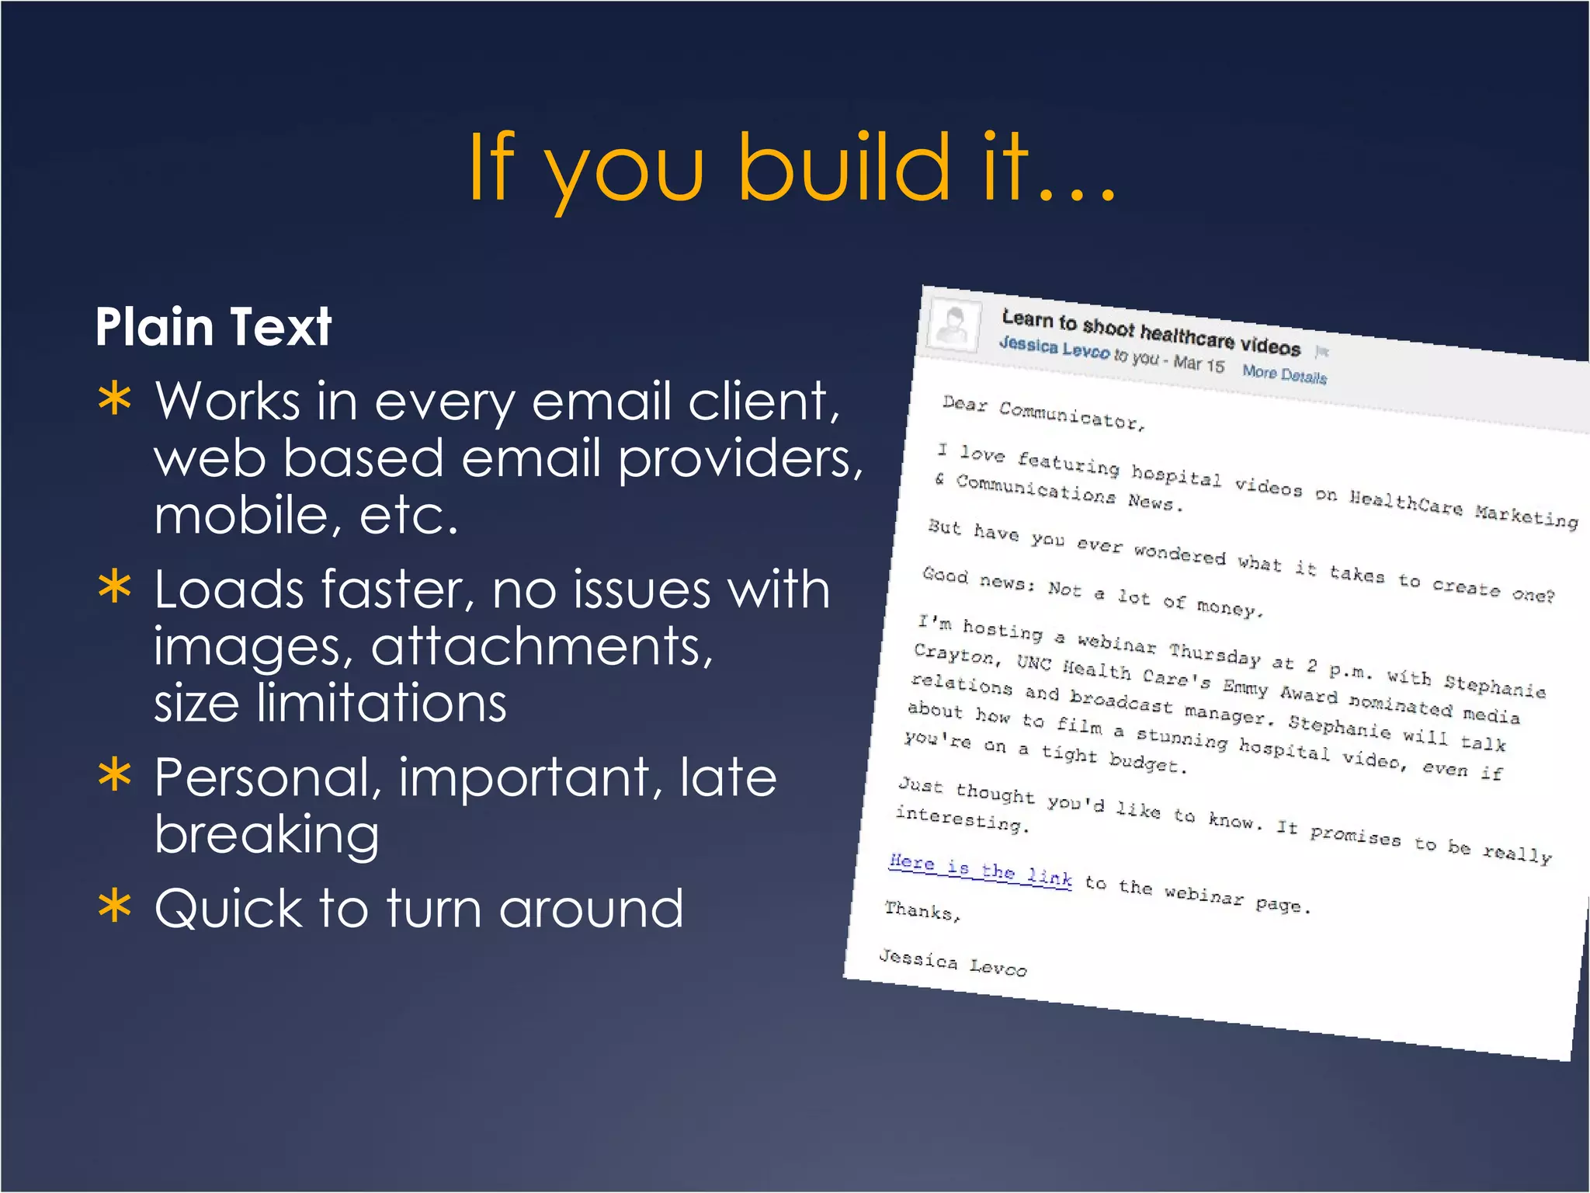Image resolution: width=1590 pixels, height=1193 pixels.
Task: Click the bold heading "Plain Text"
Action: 214,326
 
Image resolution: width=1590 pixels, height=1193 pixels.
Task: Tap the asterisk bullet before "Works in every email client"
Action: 115,400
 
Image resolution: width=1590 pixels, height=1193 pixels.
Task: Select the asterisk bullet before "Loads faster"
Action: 115,587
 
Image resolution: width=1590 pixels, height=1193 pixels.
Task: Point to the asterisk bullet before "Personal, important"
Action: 115,775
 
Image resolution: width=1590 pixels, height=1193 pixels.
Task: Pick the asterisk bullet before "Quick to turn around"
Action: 115,906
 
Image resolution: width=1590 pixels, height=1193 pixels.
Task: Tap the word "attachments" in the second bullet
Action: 541,646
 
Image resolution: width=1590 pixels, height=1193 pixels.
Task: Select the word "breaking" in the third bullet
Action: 266,835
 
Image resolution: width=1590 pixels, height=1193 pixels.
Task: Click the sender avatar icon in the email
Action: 954,324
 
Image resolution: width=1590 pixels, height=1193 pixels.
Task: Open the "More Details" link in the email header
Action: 1284,374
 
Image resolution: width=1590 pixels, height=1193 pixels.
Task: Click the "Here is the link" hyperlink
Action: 981,870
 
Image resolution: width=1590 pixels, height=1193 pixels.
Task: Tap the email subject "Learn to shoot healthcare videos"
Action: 1151,332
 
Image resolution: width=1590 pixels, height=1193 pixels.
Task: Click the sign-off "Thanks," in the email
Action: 922,910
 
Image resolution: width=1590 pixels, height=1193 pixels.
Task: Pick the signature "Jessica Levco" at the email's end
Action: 953,962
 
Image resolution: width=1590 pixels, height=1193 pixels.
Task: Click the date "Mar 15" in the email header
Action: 1199,363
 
